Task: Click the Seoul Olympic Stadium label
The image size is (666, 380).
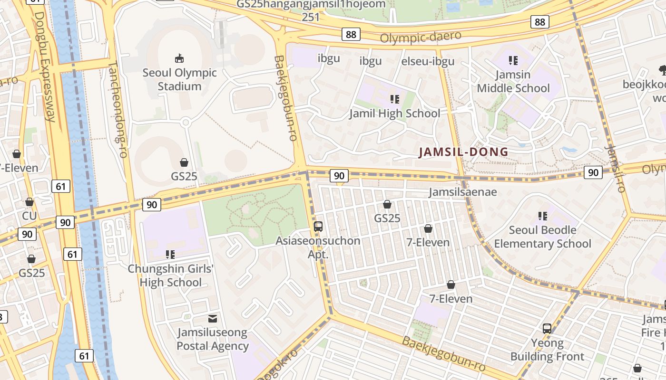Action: (179, 80)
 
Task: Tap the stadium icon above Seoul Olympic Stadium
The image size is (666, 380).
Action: (179, 58)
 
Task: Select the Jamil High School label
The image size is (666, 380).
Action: (394, 114)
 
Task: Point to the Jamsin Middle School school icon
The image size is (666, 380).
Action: (513, 60)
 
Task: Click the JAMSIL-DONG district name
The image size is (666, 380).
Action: (463, 152)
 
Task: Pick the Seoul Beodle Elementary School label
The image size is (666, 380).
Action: (542, 237)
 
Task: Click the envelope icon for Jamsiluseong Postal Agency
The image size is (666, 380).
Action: (213, 318)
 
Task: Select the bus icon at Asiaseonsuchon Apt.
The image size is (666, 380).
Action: (318, 227)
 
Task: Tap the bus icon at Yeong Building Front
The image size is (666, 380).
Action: (547, 328)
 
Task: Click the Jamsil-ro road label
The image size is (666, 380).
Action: (614, 169)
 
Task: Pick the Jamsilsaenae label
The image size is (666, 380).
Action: (462, 192)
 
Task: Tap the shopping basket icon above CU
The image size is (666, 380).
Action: (29, 202)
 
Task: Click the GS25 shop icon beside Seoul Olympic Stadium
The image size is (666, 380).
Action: (184, 163)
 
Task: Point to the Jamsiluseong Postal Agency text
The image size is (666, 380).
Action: (213, 339)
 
